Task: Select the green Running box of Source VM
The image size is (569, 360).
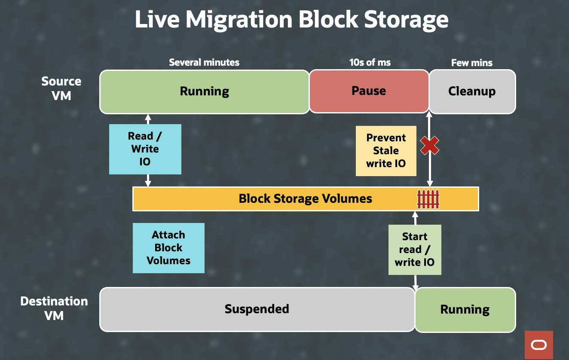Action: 204,92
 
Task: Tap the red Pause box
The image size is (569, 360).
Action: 369,92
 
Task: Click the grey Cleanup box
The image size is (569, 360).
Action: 472,92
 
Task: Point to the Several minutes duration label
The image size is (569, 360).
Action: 204,63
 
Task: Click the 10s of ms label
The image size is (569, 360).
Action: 370,63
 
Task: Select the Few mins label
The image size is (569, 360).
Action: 472,63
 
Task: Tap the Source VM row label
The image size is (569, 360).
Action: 61,88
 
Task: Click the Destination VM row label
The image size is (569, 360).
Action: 54,308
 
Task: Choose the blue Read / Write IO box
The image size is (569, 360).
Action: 145,149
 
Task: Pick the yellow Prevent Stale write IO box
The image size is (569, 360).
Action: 386,151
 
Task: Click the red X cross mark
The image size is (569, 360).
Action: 429,146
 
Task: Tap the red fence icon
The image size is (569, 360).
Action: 428,199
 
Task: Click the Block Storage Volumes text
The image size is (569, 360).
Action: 305,199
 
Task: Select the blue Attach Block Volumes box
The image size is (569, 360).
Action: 168,248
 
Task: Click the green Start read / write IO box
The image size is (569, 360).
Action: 415,250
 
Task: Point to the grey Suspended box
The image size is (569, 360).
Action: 257,309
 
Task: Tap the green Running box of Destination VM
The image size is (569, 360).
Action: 465,310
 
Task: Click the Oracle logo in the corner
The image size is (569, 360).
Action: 538,345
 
